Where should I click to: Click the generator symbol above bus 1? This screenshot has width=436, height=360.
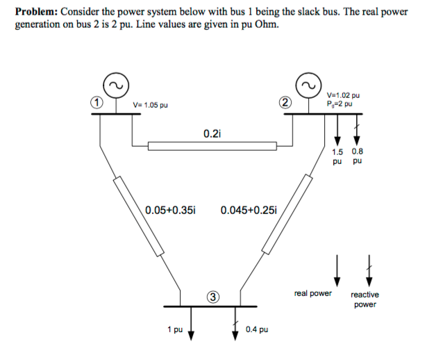[x=116, y=85]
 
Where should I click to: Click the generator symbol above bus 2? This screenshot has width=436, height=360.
[x=308, y=85]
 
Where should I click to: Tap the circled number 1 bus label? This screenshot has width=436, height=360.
[x=97, y=103]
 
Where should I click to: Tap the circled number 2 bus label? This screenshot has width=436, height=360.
[x=285, y=103]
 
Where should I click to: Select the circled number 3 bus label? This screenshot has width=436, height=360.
[x=212, y=297]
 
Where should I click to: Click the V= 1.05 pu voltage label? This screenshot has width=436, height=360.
[x=150, y=105]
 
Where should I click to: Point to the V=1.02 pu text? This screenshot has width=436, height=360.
[x=343, y=95]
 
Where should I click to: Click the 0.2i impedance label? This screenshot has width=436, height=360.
[x=212, y=134]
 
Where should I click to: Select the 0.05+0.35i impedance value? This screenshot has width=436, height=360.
[x=171, y=210]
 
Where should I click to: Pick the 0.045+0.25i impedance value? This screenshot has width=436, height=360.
[x=249, y=210]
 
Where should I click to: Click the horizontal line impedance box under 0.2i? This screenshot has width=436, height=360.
[x=212, y=146]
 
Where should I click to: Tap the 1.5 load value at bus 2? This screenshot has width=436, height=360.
[x=337, y=152]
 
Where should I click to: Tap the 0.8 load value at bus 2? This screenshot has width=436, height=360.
[x=358, y=152]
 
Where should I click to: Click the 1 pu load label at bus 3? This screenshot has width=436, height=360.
[x=175, y=329]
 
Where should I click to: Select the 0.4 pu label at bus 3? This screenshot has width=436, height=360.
[x=257, y=329]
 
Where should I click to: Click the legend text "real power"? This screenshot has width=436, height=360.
[x=313, y=293]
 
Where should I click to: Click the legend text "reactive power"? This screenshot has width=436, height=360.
[x=364, y=300]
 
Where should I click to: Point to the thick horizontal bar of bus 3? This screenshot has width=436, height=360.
[x=210, y=306]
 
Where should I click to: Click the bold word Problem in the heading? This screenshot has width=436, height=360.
[x=37, y=12]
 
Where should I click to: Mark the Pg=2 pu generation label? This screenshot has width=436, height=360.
[x=339, y=104]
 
